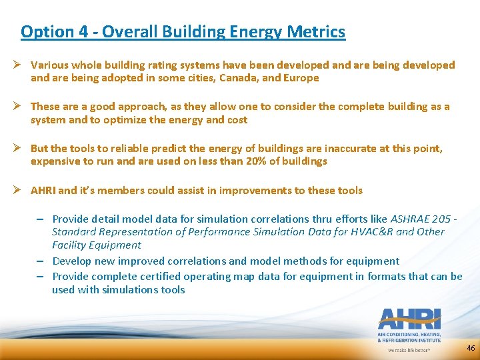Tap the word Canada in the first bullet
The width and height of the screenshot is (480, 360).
coord(237,78)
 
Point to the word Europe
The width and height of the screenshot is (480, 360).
coord(302,78)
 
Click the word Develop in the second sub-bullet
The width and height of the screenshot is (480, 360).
coord(72,261)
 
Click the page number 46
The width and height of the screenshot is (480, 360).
coord(471,348)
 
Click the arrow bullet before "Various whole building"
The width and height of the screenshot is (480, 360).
coord(22,65)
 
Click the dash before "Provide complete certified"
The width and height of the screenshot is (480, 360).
coord(41,276)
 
